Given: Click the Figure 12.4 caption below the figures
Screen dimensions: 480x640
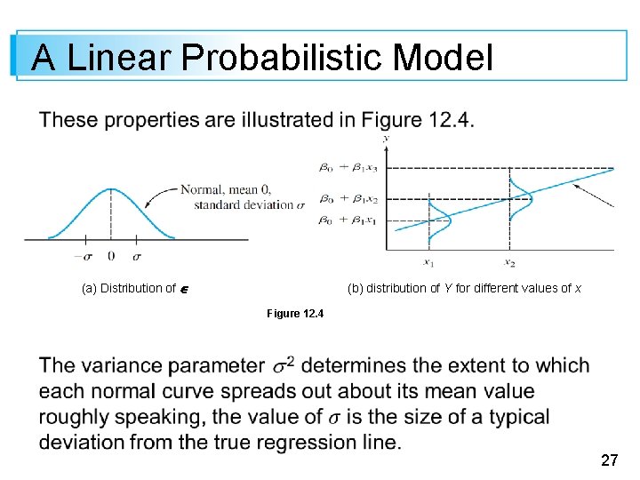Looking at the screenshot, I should click(295, 314).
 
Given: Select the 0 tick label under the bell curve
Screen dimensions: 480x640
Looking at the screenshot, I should click(111, 256).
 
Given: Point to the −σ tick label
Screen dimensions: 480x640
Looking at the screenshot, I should click(83, 256).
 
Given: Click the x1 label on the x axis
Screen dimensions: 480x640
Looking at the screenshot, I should click(429, 262).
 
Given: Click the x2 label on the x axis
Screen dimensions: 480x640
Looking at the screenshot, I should click(509, 262).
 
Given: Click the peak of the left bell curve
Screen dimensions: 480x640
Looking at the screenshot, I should click(111, 189).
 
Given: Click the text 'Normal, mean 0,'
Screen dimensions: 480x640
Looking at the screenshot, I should click(224, 189).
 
